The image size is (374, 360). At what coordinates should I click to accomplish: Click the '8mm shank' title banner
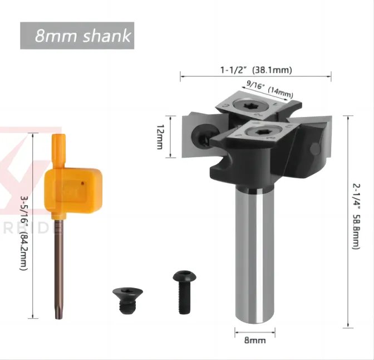[x=77, y=36]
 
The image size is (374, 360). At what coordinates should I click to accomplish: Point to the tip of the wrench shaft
[x=58, y=317]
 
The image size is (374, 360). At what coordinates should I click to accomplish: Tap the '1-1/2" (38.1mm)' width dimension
[x=255, y=70]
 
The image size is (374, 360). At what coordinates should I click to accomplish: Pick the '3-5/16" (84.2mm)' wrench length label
[x=23, y=233]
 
